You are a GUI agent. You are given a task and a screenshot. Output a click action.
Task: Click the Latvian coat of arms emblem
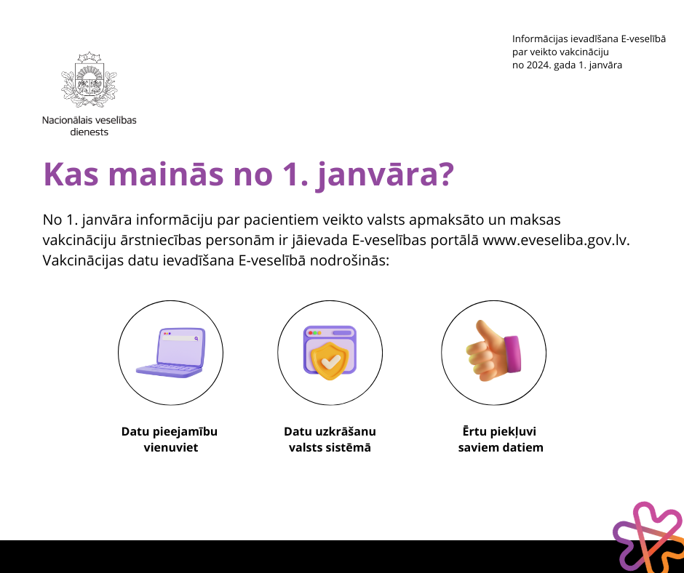click(x=89, y=79)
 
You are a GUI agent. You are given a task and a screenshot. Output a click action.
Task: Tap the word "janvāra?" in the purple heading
click(x=386, y=175)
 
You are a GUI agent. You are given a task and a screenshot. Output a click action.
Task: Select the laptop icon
click(x=170, y=353)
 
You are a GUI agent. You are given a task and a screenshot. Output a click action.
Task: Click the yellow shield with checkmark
click(x=330, y=361)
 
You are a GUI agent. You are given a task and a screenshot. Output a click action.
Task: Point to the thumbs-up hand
click(x=493, y=350)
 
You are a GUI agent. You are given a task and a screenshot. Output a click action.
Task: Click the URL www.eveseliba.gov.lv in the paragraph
click(x=556, y=240)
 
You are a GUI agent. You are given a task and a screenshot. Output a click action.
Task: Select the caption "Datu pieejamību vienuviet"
click(x=170, y=439)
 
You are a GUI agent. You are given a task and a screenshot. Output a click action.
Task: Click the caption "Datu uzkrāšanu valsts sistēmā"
click(x=330, y=439)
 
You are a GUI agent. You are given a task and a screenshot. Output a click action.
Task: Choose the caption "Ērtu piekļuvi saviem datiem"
click(x=501, y=439)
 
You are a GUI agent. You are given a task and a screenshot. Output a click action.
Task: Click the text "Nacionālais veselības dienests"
click(x=89, y=126)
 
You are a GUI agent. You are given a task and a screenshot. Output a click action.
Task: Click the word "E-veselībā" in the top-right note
click(x=643, y=39)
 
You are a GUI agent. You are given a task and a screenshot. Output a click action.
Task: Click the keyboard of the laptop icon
click(x=169, y=370)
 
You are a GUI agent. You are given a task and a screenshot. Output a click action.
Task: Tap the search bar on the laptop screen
click(x=181, y=338)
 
